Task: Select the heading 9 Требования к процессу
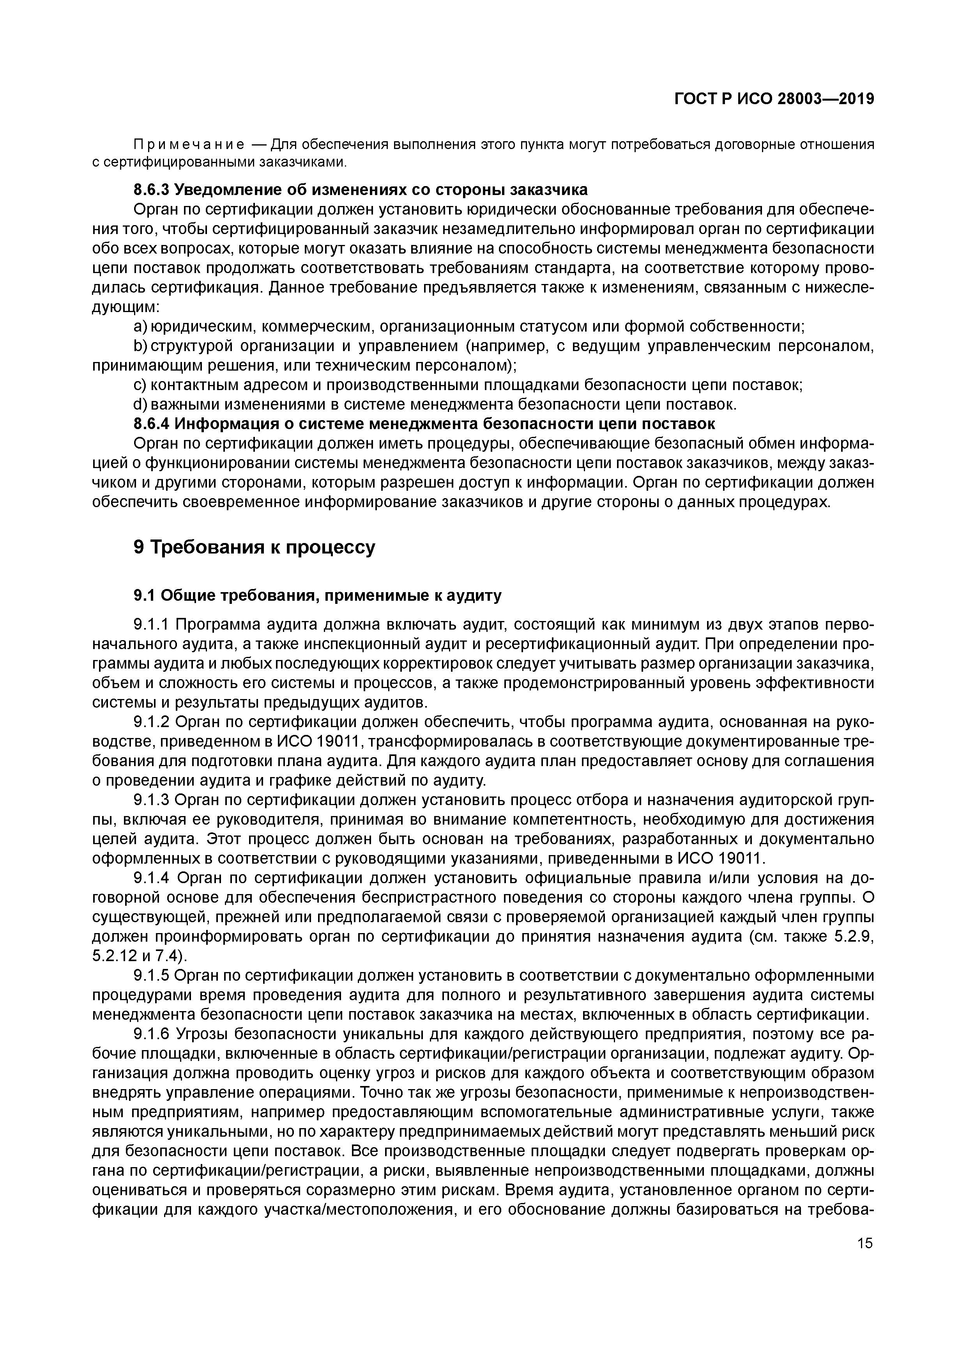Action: [254, 546]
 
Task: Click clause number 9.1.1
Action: [152, 625]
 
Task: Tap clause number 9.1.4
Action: [152, 878]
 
